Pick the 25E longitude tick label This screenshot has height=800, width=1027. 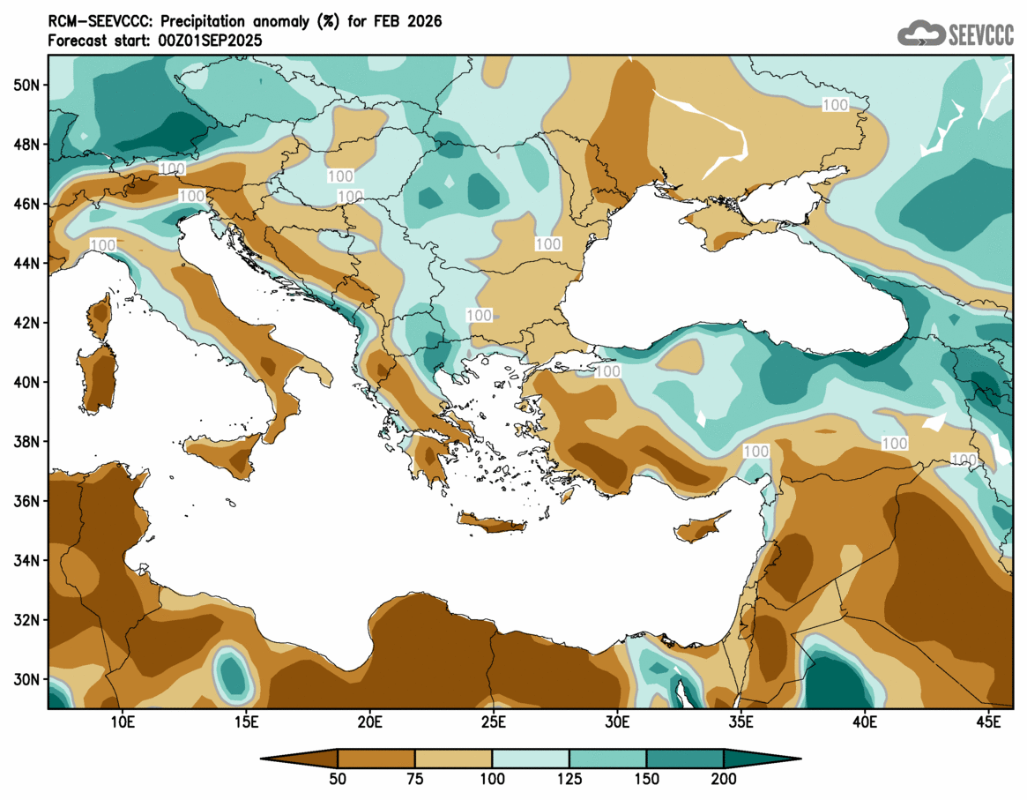point(493,722)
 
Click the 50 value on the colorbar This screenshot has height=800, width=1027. point(339,779)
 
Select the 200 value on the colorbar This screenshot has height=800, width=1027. point(724,779)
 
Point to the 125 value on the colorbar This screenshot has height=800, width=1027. point(569,779)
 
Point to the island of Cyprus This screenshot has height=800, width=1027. point(701,528)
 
